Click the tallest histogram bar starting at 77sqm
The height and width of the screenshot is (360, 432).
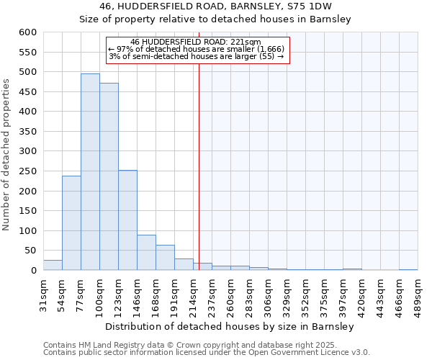point(90,172)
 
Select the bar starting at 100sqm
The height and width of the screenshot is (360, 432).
point(109,176)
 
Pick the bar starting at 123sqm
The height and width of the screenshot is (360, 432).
point(127,220)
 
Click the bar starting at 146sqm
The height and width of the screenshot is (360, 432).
point(146,253)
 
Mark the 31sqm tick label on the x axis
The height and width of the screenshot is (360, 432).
point(43,293)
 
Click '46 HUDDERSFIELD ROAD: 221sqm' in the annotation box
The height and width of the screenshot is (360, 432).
point(196,42)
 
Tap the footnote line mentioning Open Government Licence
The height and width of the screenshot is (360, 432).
point(206,353)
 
